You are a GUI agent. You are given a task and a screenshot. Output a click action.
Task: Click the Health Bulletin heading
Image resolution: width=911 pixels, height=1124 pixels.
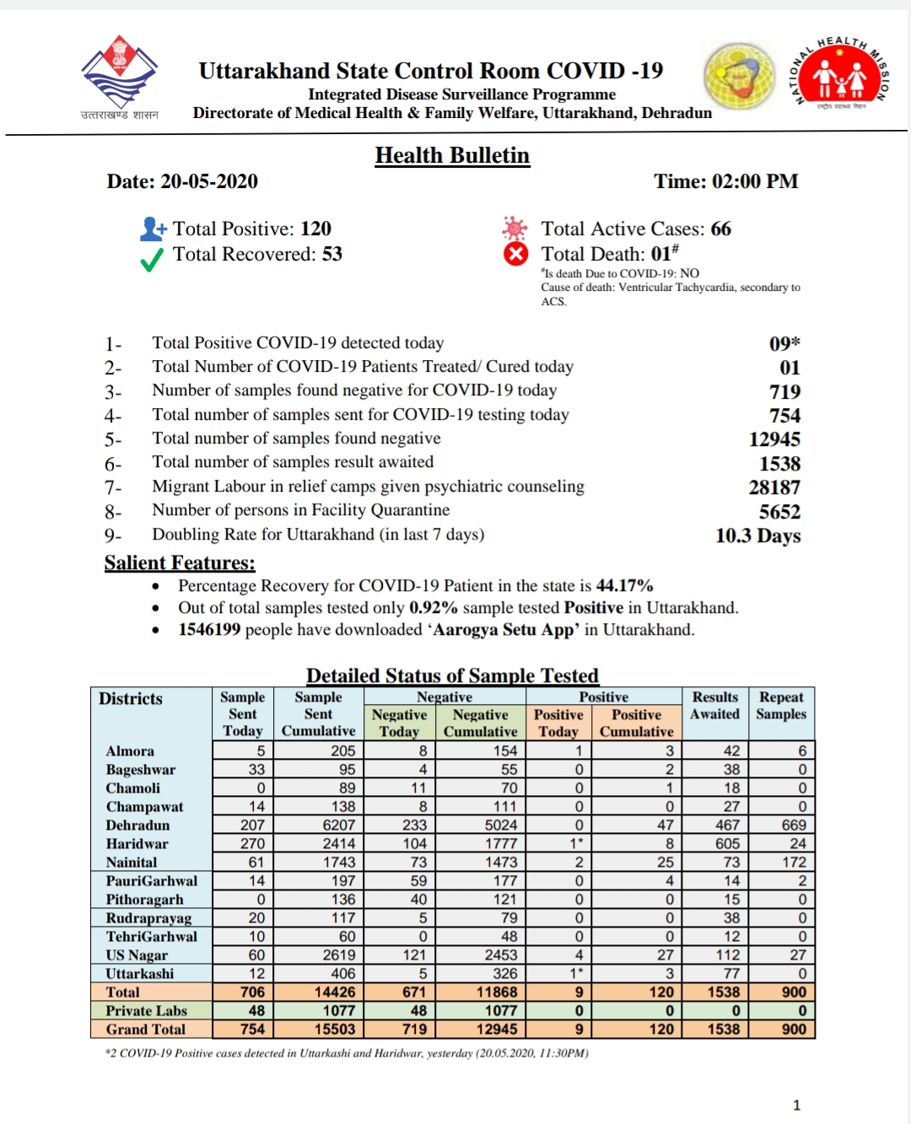[x=452, y=156]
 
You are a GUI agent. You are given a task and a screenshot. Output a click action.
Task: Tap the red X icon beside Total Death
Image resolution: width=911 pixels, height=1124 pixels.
[x=515, y=254]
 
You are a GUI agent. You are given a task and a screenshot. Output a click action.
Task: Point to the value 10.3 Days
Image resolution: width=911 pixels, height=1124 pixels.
[x=757, y=536]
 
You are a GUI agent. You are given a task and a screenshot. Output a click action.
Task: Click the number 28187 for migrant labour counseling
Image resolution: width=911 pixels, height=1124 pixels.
[x=774, y=487]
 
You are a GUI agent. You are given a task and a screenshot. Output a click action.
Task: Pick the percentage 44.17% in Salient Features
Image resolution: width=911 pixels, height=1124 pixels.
[x=624, y=586]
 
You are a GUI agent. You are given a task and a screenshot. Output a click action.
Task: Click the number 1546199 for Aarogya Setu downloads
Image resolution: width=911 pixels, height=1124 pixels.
[x=209, y=630]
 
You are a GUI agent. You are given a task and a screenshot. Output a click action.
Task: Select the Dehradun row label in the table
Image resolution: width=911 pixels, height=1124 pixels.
[x=137, y=826]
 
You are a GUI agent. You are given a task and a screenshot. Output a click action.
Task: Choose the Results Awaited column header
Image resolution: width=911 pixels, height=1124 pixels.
[x=714, y=706]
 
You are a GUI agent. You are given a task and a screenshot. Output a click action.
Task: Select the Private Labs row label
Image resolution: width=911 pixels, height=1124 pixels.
[x=146, y=1011]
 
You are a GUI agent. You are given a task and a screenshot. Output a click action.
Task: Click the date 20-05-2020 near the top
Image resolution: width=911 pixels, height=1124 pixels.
[x=209, y=182]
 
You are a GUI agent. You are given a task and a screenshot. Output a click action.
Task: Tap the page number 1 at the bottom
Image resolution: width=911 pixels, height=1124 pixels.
[x=796, y=1105]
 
